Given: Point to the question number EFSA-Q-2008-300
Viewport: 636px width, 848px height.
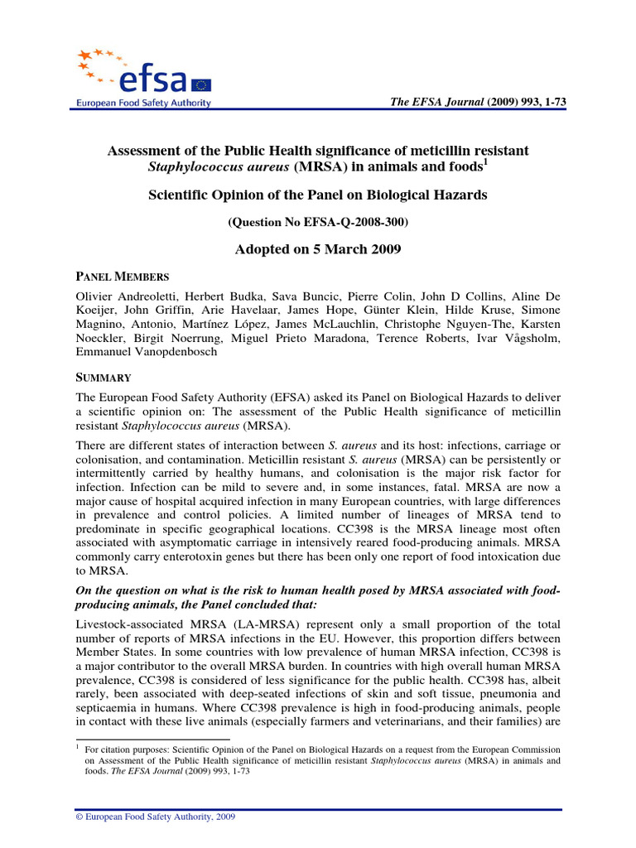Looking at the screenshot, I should tap(319, 223).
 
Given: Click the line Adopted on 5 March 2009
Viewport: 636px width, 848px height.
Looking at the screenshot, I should tap(319, 249).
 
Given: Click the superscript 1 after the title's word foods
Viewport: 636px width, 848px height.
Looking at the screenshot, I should tap(486, 161).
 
